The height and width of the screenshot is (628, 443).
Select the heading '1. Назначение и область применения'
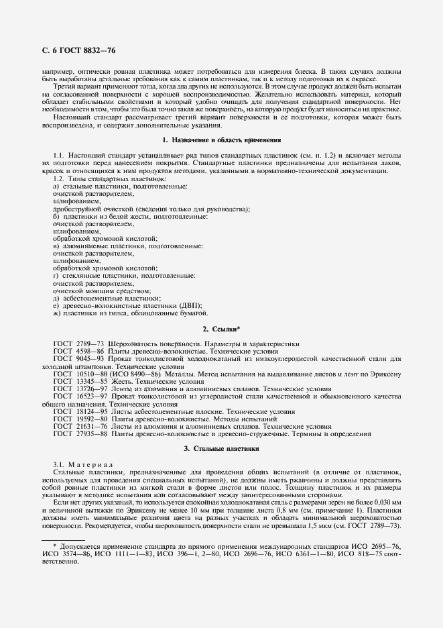[x=221, y=140]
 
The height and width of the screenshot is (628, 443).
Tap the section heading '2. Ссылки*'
[x=221, y=329]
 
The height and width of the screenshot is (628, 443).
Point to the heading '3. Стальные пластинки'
[x=221, y=448]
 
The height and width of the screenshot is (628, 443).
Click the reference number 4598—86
[x=89, y=351]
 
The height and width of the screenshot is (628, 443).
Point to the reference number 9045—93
[x=89, y=358]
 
